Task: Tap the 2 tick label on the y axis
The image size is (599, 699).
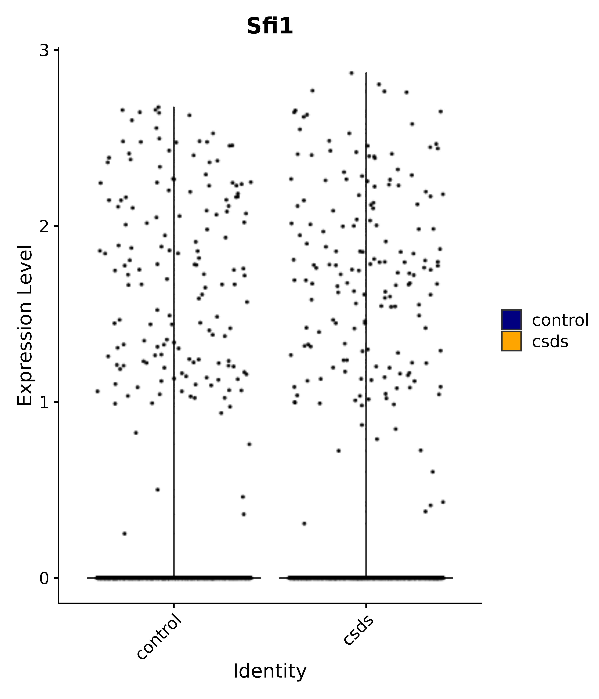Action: coord(44,227)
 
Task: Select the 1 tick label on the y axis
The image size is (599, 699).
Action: coord(44,403)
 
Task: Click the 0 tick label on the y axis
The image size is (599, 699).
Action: coord(44,579)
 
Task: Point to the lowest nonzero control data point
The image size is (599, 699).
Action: coord(124,533)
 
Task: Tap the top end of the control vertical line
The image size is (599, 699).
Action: coord(174,107)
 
